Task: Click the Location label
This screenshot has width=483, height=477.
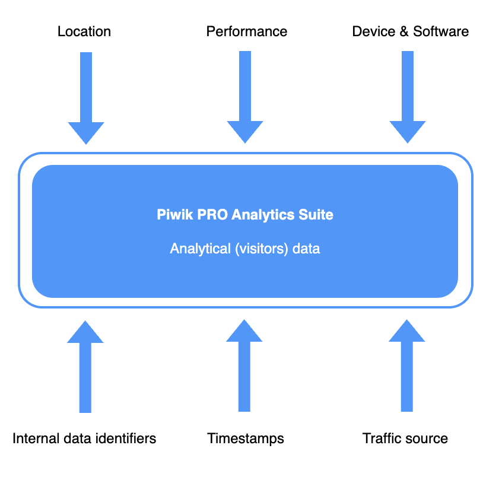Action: click(x=84, y=31)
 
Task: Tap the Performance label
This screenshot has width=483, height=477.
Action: click(x=247, y=31)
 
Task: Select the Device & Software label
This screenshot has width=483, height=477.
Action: click(x=410, y=31)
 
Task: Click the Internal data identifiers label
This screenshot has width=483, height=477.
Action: click(x=84, y=438)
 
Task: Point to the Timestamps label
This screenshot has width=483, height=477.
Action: click(x=246, y=438)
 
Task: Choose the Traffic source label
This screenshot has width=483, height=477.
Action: click(x=405, y=438)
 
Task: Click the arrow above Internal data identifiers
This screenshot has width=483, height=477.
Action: click(x=85, y=368)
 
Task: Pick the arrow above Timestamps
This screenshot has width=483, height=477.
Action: click(x=244, y=368)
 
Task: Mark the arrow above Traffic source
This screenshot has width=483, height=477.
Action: click(x=407, y=368)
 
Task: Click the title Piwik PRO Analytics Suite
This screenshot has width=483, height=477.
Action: click(x=245, y=215)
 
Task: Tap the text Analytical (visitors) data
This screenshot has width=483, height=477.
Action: click(x=245, y=249)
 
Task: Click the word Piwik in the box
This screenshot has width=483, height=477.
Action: click(x=171, y=215)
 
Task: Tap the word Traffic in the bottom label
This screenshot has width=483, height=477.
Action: click(x=382, y=438)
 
